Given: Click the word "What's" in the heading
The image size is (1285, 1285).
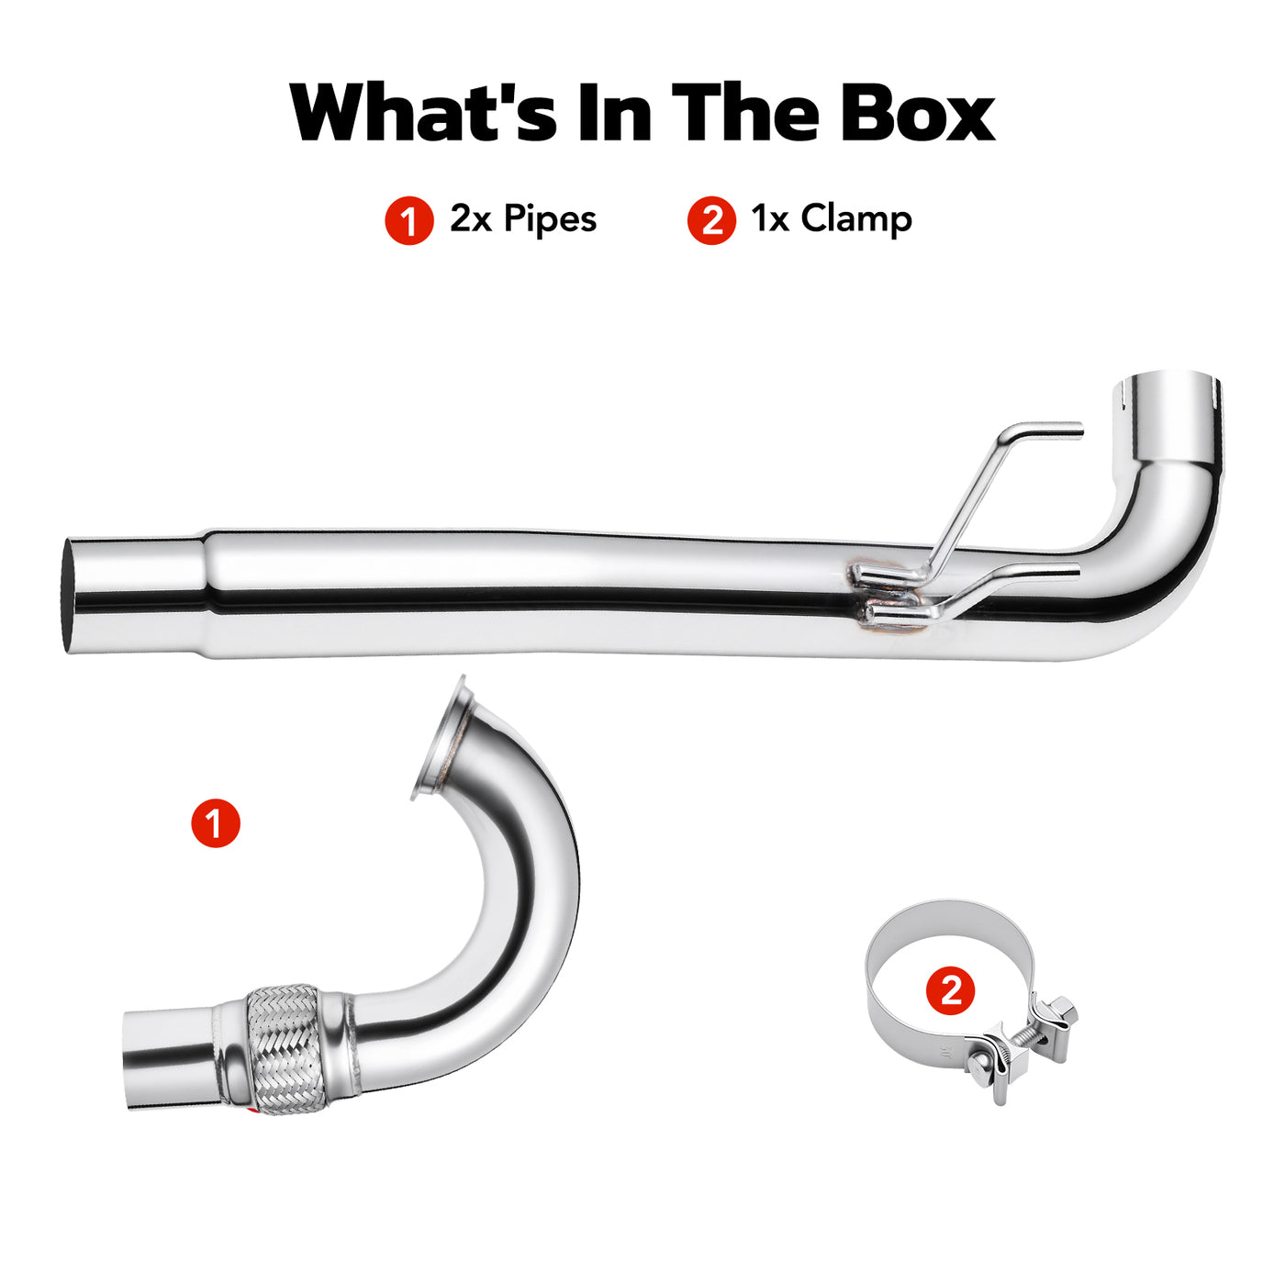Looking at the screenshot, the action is pyautogui.click(x=423, y=111).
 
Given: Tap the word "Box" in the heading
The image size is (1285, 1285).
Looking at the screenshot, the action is pyautogui.click(x=918, y=111).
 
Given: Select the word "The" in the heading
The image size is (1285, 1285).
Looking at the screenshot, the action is pyautogui.click(x=745, y=111).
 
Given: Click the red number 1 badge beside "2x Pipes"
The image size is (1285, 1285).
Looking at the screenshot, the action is pyautogui.click(x=409, y=220).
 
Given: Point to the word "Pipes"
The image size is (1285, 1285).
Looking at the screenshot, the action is pyautogui.click(x=550, y=219).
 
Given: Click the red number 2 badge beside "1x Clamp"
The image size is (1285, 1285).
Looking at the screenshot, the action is pyautogui.click(x=711, y=220).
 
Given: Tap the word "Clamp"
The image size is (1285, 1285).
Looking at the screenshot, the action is pyautogui.click(x=856, y=219).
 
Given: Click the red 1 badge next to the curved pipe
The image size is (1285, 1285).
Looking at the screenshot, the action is pyautogui.click(x=216, y=823).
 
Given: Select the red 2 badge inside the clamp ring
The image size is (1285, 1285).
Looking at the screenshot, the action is pyautogui.click(x=950, y=990).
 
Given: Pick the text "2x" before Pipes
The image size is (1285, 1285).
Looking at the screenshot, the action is pyautogui.click(x=471, y=219).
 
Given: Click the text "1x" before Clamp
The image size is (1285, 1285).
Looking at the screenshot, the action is pyautogui.click(x=770, y=219).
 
